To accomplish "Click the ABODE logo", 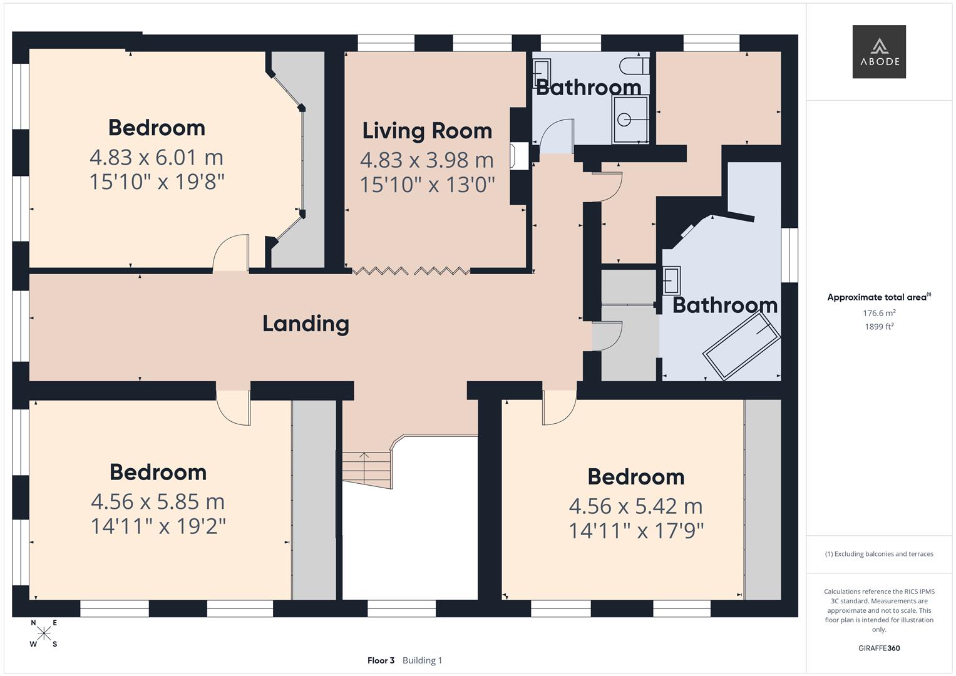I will (878, 52).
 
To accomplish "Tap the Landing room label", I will (306, 324).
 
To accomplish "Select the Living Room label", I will (427, 131).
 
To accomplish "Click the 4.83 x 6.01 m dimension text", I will (157, 157).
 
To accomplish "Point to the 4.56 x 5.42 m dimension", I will (635, 506).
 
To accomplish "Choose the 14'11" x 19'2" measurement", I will (158, 526).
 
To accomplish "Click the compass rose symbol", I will (44, 633).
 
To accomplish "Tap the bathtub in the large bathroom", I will (741, 346).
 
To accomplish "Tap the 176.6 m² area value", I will (879, 313).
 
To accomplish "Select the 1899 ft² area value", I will (879, 327).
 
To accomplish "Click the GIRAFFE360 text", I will (879, 648).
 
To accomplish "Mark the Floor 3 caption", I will (381, 660).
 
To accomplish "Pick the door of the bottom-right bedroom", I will (559, 407).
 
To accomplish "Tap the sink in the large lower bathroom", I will (671, 280).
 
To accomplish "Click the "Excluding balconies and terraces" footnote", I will (879, 554).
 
